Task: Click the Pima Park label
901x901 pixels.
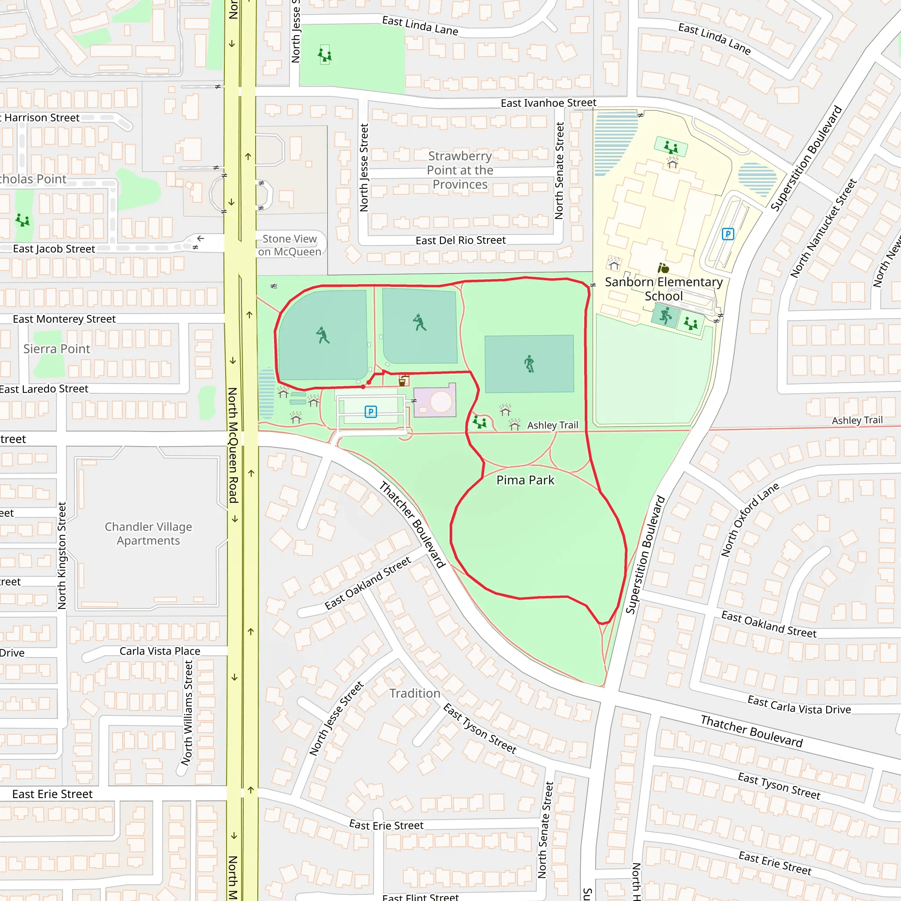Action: coord(525,480)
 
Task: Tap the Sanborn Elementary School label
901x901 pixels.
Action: coord(663,289)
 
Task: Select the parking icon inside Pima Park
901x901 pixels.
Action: coord(370,412)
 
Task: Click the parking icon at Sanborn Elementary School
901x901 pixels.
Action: coord(728,234)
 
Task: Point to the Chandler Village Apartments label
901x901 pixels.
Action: coord(148,534)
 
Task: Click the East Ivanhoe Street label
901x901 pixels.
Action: coord(549,103)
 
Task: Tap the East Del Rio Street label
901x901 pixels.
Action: coord(460,241)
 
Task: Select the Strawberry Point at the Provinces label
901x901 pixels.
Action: coord(460,170)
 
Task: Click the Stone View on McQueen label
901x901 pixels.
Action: coord(289,245)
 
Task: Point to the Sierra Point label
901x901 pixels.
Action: coord(57,349)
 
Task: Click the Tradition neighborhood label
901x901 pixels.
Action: coord(414,693)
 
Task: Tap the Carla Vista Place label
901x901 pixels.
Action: coord(160,651)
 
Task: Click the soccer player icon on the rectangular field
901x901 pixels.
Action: coord(529,364)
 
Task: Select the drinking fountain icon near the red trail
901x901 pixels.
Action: coord(403,381)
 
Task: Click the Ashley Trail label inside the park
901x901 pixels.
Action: coord(552,425)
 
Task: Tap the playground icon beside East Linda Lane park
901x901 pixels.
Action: coord(325,55)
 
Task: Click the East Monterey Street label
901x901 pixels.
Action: coord(64,319)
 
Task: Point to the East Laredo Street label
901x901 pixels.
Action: coord(44,389)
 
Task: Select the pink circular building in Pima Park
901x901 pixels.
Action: coord(441,402)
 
